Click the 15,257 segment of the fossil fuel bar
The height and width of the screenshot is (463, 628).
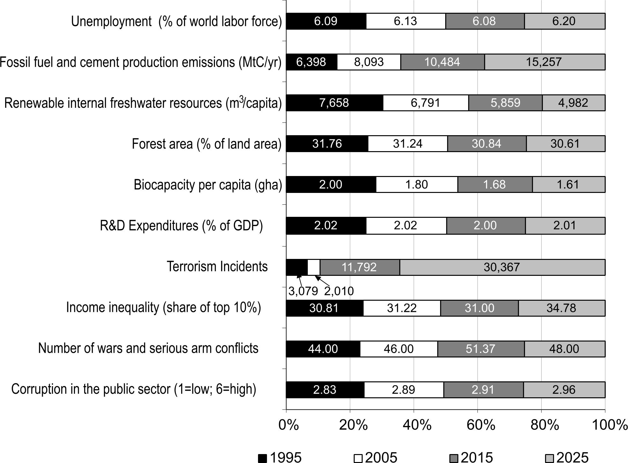pos(544,62)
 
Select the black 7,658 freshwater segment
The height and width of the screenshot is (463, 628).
pos(334,103)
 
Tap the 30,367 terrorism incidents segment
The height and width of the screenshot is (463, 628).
pos(502,267)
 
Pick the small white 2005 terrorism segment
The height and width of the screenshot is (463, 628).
pos(314,267)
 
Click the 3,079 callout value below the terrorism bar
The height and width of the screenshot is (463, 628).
pos(303,291)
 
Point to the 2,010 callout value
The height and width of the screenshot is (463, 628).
pos(339,291)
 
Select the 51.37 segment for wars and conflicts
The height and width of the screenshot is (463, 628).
pos(481,349)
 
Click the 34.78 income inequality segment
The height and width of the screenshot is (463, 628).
pos(561,308)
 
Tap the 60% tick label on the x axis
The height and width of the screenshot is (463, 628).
pos(481,425)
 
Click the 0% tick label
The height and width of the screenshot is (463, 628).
pos(289,425)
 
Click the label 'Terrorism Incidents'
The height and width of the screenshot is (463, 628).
pos(217,267)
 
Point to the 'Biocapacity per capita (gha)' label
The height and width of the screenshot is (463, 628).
pos(208,185)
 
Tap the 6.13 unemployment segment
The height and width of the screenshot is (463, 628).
pos(405,21)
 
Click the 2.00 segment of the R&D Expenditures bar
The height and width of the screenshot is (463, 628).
pos(485,225)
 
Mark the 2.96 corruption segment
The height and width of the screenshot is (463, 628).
pos(564,390)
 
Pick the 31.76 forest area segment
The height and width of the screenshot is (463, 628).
pos(327,143)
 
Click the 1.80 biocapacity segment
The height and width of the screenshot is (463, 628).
pos(417,185)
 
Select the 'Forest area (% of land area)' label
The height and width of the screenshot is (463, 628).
pos(207,144)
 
